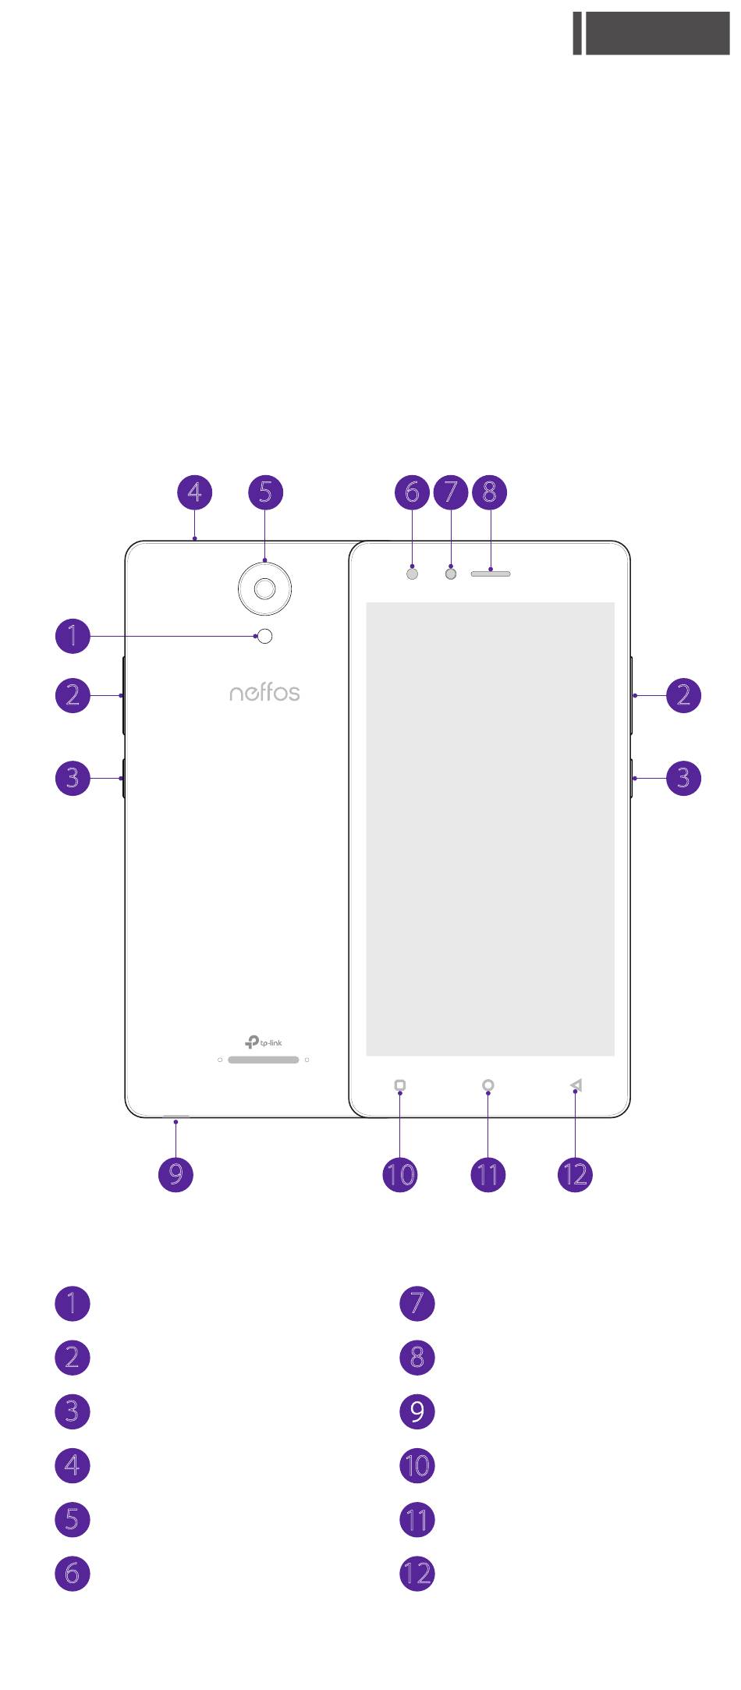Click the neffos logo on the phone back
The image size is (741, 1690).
click(264, 692)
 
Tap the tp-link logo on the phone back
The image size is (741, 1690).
click(264, 1042)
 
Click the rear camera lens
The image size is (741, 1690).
click(265, 588)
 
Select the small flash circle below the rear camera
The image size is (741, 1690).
click(266, 636)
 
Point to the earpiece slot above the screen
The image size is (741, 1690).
click(491, 573)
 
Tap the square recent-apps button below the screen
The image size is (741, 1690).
click(400, 1085)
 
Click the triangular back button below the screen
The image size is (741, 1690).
click(576, 1085)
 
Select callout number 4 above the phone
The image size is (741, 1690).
click(194, 492)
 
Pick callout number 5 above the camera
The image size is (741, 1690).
click(265, 492)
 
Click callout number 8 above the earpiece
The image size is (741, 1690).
click(490, 492)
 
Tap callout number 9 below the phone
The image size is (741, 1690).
click(175, 1173)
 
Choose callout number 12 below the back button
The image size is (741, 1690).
click(576, 1173)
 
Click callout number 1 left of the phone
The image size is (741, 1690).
click(73, 636)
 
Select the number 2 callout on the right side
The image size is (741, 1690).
click(683, 694)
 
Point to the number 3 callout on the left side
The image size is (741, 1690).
click(73, 778)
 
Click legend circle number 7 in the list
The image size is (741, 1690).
click(417, 1304)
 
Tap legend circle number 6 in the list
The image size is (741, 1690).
click(73, 1573)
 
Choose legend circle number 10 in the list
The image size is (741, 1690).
click(417, 1465)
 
